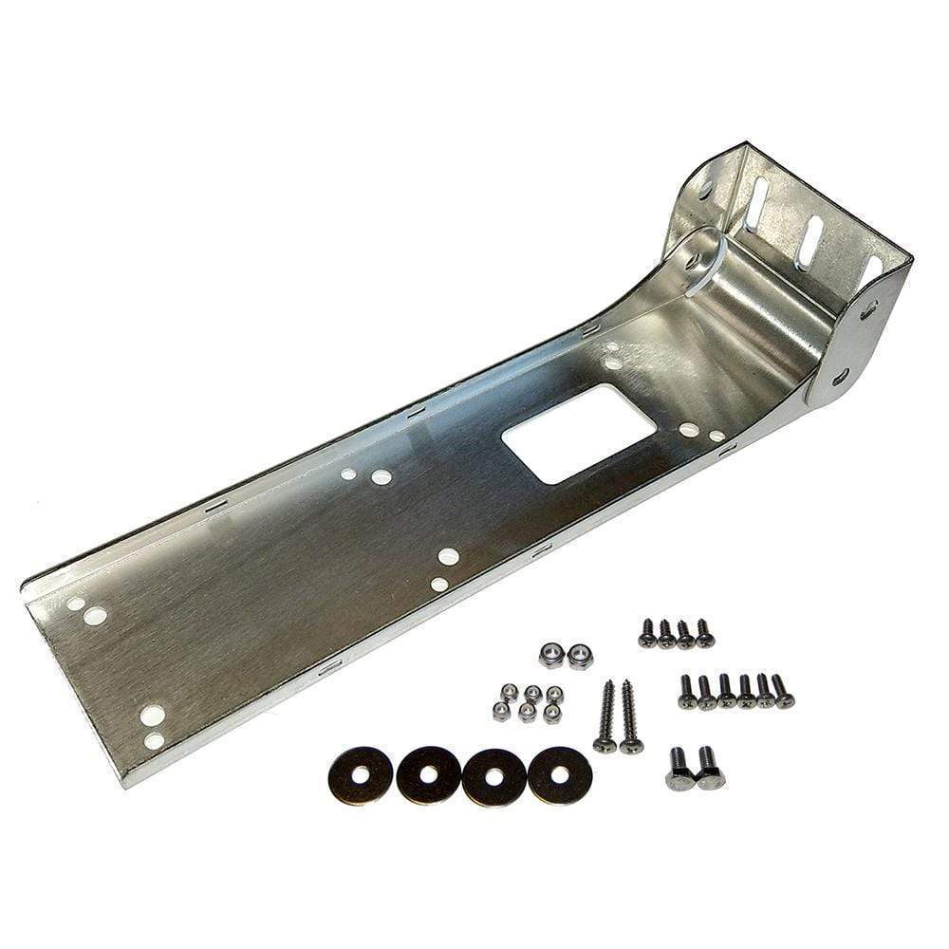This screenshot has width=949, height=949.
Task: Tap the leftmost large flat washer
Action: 361,774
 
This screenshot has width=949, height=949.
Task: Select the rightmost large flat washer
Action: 560,774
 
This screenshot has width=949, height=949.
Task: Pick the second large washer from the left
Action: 429,775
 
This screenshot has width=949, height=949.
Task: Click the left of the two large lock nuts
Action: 550,654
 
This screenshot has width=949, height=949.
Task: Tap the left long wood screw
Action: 605,716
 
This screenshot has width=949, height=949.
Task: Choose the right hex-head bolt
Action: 709,768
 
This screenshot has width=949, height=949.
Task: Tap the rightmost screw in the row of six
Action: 782,691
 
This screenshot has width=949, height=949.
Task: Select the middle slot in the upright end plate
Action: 810,242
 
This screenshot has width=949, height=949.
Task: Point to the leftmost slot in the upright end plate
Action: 756,203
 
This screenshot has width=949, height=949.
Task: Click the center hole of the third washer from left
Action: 493,775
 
